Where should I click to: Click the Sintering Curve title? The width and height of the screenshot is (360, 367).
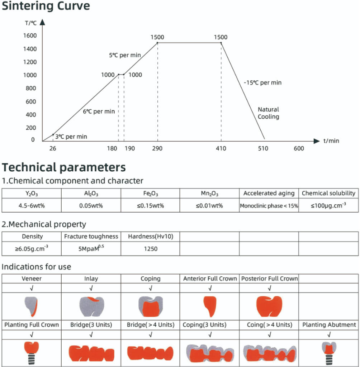pos(46,6)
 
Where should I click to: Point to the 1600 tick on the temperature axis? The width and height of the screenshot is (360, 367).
pos(29,35)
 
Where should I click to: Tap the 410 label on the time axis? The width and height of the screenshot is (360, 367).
pos(221,148)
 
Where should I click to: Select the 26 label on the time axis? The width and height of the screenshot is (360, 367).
pos(53,148)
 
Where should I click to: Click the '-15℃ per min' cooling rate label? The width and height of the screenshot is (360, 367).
pos(262,83)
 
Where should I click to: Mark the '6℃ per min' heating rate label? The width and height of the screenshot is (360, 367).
pos(99,111)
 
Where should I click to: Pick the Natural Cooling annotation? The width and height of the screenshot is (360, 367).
pos(268,113)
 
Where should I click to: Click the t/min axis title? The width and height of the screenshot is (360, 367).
pos(331,141)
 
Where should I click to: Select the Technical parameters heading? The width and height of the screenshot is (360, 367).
pos(64,167)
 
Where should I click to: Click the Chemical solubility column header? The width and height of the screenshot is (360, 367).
pos(328,193)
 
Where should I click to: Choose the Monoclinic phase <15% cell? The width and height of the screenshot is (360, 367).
pos(269,206)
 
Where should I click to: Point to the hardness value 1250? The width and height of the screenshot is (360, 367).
pos(150,249)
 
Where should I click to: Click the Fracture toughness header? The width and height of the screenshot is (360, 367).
pos(91,236)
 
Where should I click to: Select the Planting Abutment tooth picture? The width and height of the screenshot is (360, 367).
pos(329,353)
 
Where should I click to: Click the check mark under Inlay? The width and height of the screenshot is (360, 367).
pos(91,288)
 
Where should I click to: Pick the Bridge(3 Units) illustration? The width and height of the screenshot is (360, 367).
pos(91,353)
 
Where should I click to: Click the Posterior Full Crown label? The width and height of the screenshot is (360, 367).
pos(269,278)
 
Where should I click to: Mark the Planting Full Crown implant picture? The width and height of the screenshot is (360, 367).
pos(32,353)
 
